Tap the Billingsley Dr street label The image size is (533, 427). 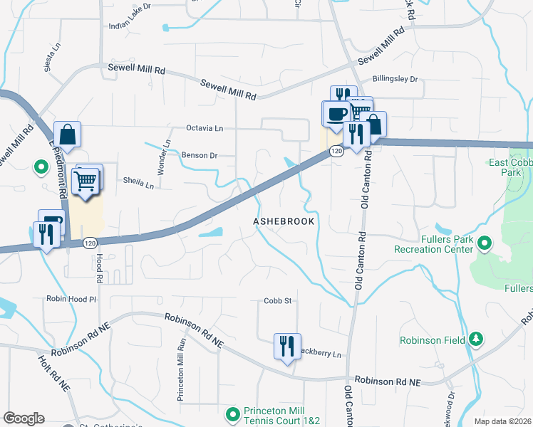(395, 80)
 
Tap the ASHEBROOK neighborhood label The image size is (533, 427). (284, 222)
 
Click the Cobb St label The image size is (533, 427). (279, 301)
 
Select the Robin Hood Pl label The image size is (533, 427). (71, 299)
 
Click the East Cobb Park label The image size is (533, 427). (510, 167)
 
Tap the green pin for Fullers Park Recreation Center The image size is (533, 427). (485, 244)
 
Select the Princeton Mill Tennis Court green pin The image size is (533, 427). (233, 413)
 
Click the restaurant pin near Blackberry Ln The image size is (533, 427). (287, 347)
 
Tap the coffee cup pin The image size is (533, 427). (336, 114)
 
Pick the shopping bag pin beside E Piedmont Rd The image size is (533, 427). (67, 135)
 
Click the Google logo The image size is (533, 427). (24, 418)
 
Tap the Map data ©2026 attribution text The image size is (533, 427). (502, 421)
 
